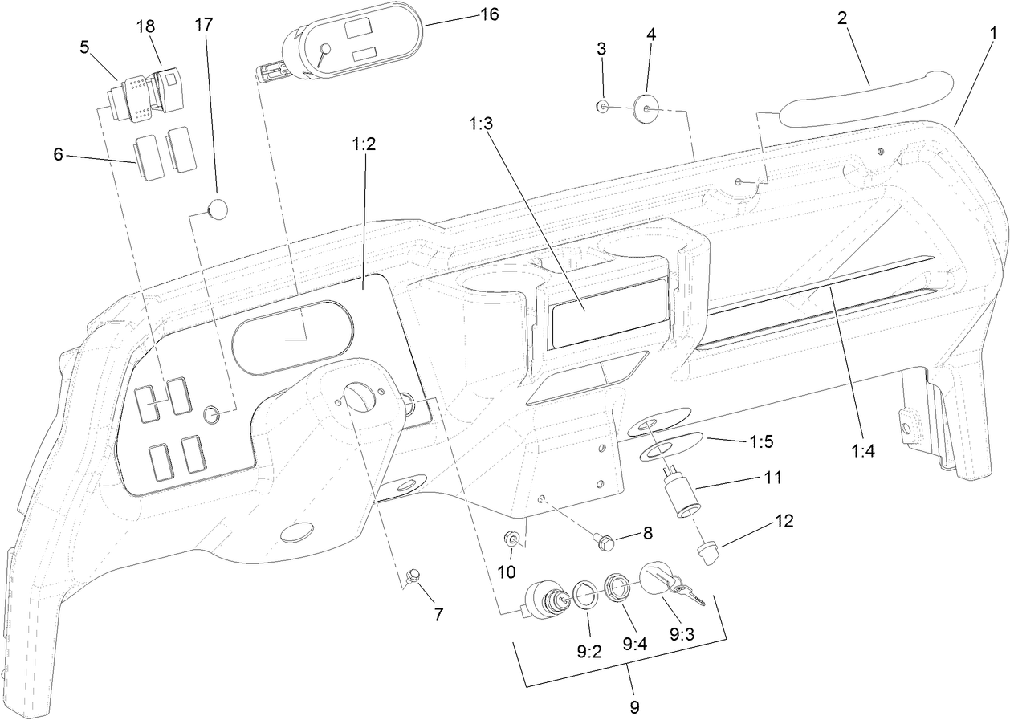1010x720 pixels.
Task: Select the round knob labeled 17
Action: point(218,208)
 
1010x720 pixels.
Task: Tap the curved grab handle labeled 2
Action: point(863,99)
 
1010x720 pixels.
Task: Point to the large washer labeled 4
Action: point(647,106)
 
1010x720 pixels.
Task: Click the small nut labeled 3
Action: point(601,105)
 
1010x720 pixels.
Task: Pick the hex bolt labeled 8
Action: point(606,543)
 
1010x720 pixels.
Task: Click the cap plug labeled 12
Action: point(707,553)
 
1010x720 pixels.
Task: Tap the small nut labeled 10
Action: point(509,538)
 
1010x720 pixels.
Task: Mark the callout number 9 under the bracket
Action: point(634,708)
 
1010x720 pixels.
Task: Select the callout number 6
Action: point(58,154)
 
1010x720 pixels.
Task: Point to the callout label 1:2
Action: point(364,144)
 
